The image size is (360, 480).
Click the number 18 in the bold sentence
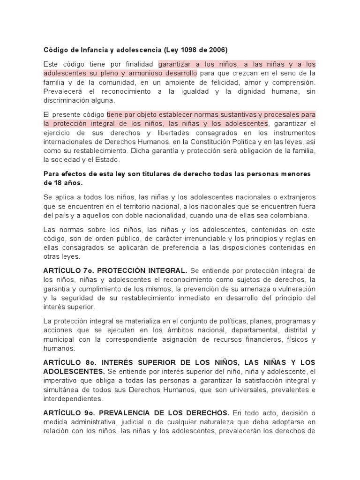point(56,183)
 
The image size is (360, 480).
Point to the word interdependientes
point(72,398)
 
